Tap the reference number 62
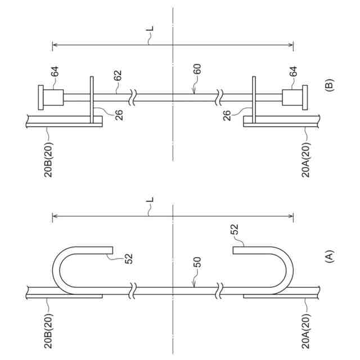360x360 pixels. coord(118,75)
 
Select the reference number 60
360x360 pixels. coord(197,69)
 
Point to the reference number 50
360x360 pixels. coord(197,262)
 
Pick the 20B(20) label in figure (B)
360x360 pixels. coord(48,160)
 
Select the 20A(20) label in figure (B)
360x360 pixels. coord(306,160)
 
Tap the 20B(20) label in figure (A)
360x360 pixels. coord(48,331)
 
